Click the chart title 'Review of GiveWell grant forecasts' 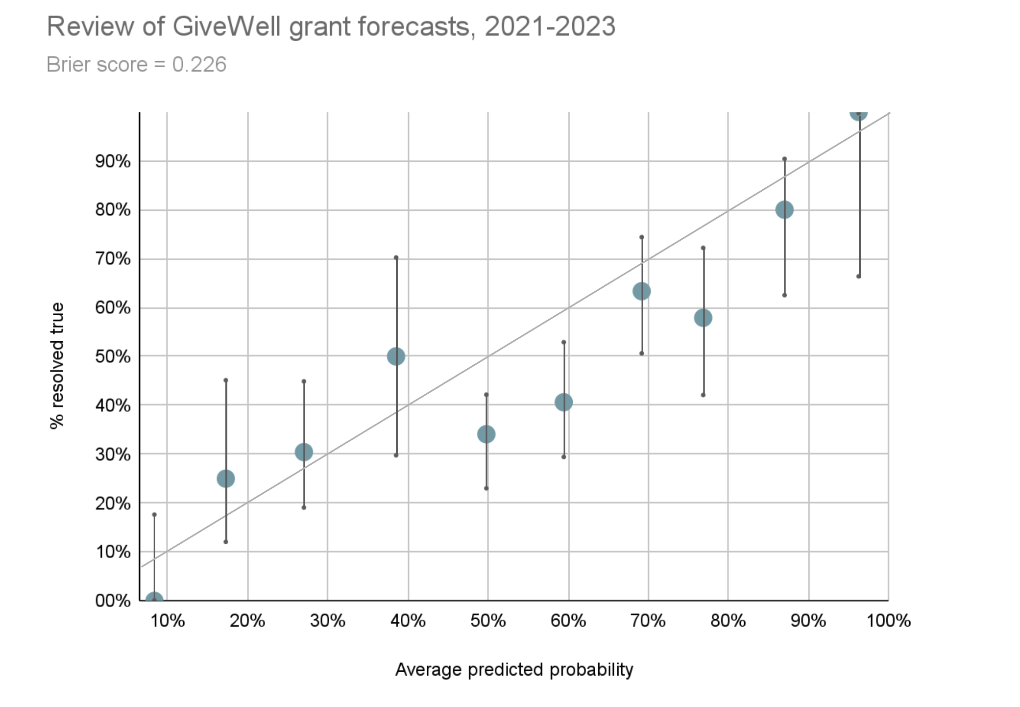click(x=331, y=26)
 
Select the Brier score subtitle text click(x=136, y=65)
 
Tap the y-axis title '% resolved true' click(x=57, y=366)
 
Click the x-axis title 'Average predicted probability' click(x=514, y=670)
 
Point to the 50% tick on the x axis click(x=488, y=621)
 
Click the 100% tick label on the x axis click(x=888, y=621)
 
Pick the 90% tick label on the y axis click(x=113, y=161)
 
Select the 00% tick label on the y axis click(x=113, y=601)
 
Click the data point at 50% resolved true click(x=396, y=356)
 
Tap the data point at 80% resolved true click(x=784, y=210)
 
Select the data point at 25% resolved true click(x=226, y=479)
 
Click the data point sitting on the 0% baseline click(x=154, y=599)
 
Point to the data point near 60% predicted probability click(x=563, y=403)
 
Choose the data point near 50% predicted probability click(x=486, y=434)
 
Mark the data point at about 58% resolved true click(x=703, y=318)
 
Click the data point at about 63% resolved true click(x=641, y=291)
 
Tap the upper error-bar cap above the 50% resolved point click(x=396, y=257)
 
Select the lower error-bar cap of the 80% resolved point click(x=784, y=295)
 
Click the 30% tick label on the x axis click(x=327, y=621)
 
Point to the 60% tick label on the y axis click(x=113, y=308)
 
